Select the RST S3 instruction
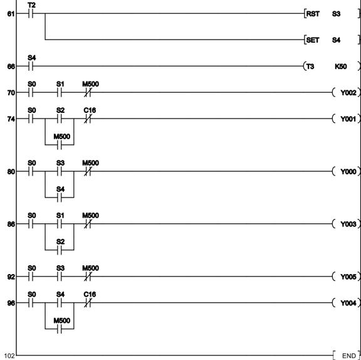pyautogui.click(x=332, y=14)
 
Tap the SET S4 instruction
pyautogui.click(x=332, y=40)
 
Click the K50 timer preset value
pyautogui.click(x=341, y=66)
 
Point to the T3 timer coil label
pyautogui.click(x=310, y=66)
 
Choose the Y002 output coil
pyautogui.click(x=347, y=93)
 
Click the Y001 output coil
pyautogui.click(x=347, y=119)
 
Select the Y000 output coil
pyautogui.click(x=347, y=172)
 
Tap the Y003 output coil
pyautogui.click(x=347, y=224)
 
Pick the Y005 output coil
pyautogui.click(x=347, y=277)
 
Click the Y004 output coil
pyautogui.click(x=347, y=303)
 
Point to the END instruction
pyautogui.click(x=347, y=356)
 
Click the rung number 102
pyautogui.click(x=9, y=356)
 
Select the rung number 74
pyautogui.click(x=11, y=119)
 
